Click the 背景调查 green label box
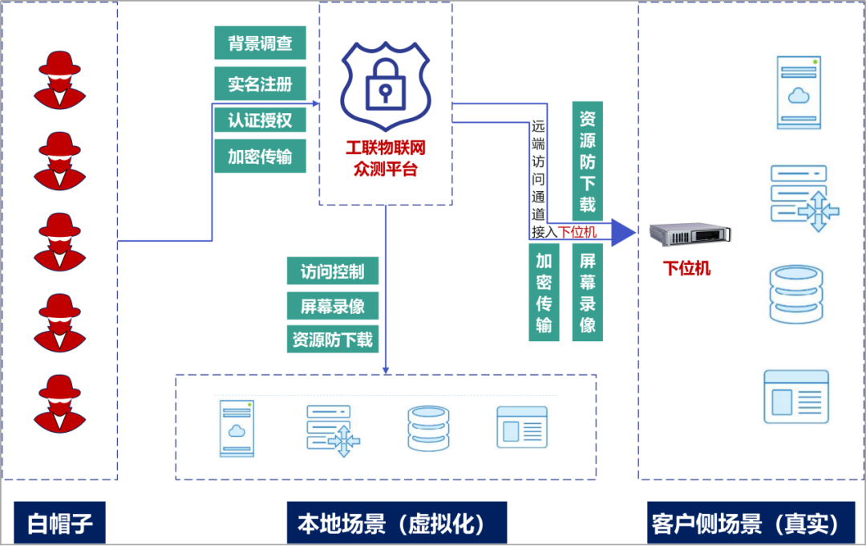[x=260, y=43]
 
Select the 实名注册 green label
[x=260, y=84]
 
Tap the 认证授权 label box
[x=260, y=120]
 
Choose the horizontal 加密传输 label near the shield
[x=260, y=157]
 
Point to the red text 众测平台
[x=385, y=169]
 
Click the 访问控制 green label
[x=333, y=271]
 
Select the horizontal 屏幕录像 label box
[x=333, y=306]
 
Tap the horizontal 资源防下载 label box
[x=333, y=340]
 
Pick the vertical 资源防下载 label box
[x=587, y=161]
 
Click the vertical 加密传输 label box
[x=544, y=293]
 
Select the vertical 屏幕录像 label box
[x=587, y=293]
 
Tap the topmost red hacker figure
[x=59, y=78]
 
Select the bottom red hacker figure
[x=59, y=401]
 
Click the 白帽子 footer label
[x=60, y=524]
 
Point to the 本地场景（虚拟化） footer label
[x=397, y=524]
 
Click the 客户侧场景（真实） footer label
[x=746, y=524]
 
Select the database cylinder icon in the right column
[x=796, y=295]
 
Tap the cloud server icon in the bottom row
[x=237, y=428]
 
